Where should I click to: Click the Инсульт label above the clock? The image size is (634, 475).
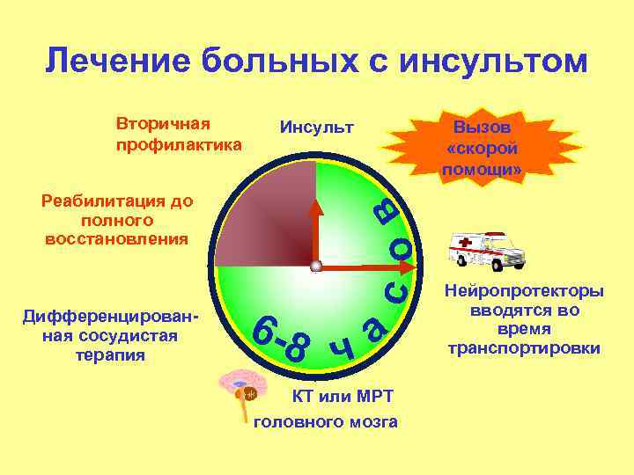[316, 128]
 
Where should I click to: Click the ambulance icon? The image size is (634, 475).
[486, 251]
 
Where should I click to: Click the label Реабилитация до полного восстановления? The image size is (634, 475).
[116, 219]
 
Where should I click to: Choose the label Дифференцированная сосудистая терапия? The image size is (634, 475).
[110, 336]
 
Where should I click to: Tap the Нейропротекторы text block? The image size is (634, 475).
[524, 319]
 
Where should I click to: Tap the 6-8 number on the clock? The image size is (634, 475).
[281, 339]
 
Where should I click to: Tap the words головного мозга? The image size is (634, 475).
[325, 423]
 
